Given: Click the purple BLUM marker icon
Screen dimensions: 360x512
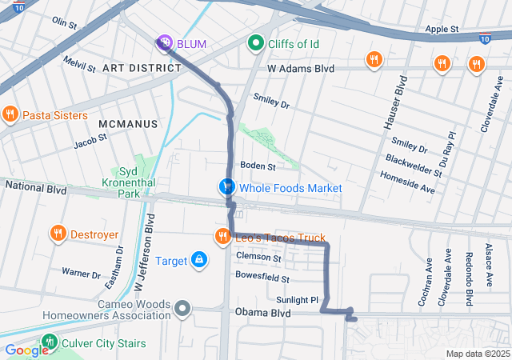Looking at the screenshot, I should coord(164,42).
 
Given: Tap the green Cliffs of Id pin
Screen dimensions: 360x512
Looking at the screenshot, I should coord(256,42).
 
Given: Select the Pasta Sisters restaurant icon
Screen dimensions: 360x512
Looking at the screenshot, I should coord(10,115).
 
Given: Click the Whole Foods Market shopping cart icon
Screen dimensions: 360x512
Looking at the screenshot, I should coord(227,187).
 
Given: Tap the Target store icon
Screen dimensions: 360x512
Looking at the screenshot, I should coord(198,260).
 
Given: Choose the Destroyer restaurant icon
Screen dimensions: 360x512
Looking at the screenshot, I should coord(58,234).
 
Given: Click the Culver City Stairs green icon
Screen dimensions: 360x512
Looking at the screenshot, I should coord(50,343).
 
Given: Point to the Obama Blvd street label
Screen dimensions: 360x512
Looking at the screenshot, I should coord(262,313).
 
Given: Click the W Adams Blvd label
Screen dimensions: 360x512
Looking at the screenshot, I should coord(300,70).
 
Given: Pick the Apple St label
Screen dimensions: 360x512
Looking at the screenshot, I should coord(442,29).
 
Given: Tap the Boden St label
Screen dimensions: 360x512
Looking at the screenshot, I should coord(258,166).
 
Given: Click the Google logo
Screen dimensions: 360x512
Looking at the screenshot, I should coord(26,350).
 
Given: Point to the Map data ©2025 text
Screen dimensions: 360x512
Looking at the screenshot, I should coord(477,354).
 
